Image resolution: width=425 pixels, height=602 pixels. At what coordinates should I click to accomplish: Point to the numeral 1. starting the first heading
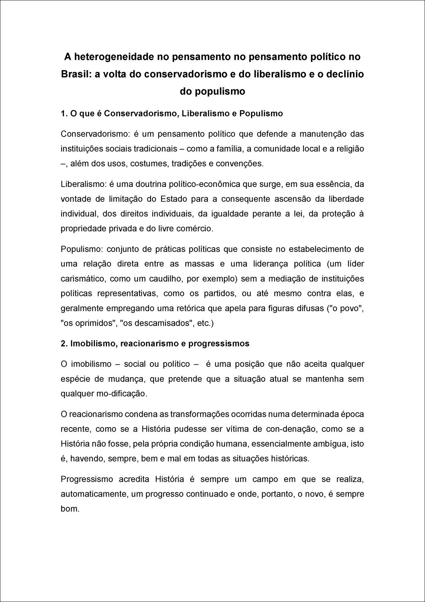64,114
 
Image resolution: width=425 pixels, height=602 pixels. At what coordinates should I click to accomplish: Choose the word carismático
83,278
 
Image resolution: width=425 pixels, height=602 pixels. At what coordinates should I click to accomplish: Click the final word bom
69,509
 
